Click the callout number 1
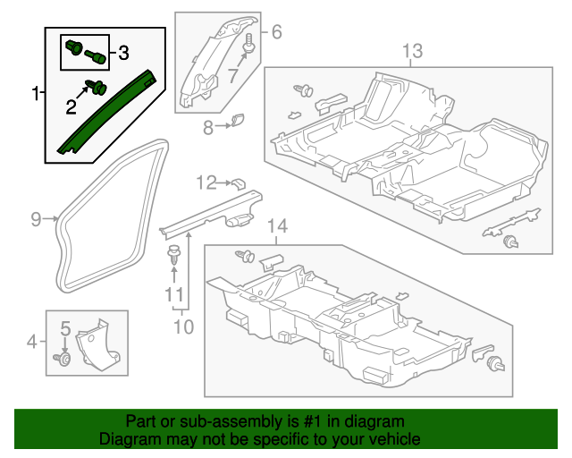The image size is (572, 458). pyautogui.click(x=36, y=93)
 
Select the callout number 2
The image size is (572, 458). pyautogui.click(x=71, y=108)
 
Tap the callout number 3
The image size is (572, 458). pyautogui.click(x=123, y=52)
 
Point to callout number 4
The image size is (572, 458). pyautogui.click(x=32, y=340)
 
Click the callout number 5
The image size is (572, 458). pyautogui.click(x=65, y=329)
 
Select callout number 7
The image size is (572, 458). pyautogui.click(x=234, y=75)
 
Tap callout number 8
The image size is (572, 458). pyautogui.click(x=208, y=128)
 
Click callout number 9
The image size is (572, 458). pyautogui.click(x=37, y=217)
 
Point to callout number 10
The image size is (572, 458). pyautogui.click(x=182, y=327)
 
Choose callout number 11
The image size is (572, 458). pyautogui.click(x=173, y=293)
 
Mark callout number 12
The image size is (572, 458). pyautogui.click(x=206, y=183)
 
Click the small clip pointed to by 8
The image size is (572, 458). pyautogui.click(x=238, y=121)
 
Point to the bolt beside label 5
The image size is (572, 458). pyautogui.click(x=63, y=359)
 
